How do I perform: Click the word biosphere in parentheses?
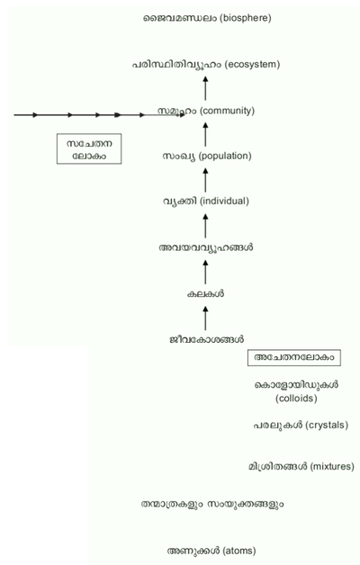[247, 18]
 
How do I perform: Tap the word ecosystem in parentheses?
[252, 65]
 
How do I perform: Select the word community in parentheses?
[227, 111]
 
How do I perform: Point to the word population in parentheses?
[225, 156]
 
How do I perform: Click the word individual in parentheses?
[224, 201]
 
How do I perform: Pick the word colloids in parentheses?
[296, 399]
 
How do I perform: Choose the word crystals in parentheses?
[327, 426]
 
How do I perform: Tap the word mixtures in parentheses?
[332, 467]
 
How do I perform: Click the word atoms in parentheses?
[239, 551]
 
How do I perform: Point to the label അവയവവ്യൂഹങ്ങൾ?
[206, 248]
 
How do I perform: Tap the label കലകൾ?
[205, 294]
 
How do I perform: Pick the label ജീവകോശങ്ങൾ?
[206, 339]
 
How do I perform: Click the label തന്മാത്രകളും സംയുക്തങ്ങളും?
[212, 504]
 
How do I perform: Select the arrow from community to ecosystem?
[205, 88]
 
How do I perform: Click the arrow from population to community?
[205, 134]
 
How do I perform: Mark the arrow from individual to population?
[205, 180]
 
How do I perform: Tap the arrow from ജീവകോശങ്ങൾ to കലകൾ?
[205, 318]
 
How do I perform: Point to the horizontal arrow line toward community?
[100, 115]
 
